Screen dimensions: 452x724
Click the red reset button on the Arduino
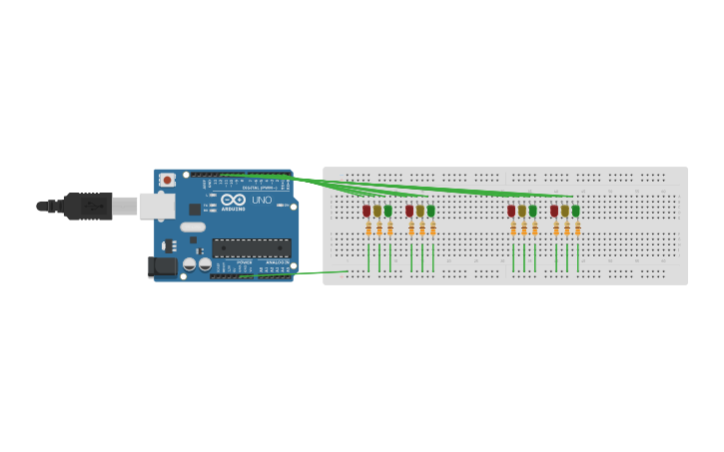click(x=167, y=181)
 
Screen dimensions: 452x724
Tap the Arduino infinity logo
click(x=234, y=200)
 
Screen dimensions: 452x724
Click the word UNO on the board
click(x=261, y=200)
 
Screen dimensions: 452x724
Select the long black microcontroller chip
click(x=252, y=247)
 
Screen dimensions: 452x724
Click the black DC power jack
click(x=162, y=266)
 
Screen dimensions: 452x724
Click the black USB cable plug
click(x=88, y=207)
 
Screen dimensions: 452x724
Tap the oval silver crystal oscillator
click(x=193, y=227)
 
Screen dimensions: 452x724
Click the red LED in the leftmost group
click(x=366, y=211)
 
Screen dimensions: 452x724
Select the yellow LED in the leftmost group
click(x=377, y=211)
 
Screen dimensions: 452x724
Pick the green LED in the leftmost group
click(x=388, y=211)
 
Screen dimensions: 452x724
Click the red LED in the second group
click(x=409, y=211)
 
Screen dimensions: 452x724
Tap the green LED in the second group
click(x=431, y=211)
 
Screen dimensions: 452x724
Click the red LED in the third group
click(x=511, y=211)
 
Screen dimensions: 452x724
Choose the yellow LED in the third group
click(x=522, y=211)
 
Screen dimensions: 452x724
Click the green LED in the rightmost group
click(x=576, y=211)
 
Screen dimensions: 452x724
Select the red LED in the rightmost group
click(x=554, y=211)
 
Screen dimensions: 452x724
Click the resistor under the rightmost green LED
click(x=577, y=229)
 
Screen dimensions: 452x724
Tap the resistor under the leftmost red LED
click(x=367, y=229)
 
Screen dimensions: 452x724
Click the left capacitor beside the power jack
click(x=189, y=264)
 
